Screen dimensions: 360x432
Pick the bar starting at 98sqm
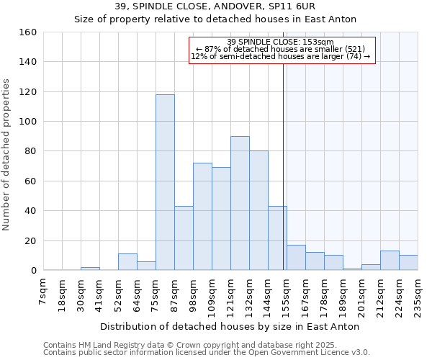202,216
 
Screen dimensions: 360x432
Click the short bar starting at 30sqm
90,269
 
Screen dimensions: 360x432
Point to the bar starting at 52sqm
127,262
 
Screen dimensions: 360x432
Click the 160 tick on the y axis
28,32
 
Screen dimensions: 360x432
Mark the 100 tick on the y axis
28,122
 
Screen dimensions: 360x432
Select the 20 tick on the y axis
31,241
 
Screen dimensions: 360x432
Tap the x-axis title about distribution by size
230,326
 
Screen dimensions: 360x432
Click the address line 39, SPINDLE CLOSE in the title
215,6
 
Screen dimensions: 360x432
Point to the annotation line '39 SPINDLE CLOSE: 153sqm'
282,42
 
